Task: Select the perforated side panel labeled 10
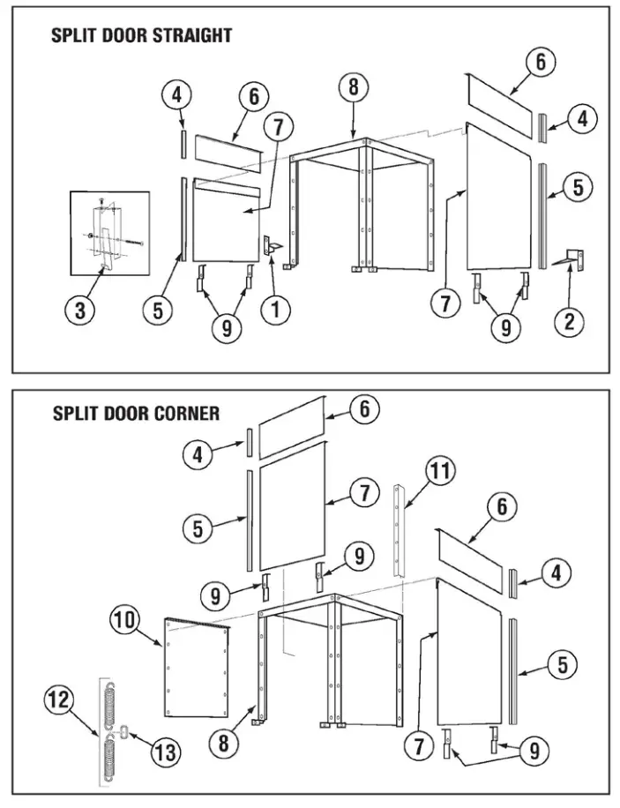coord(198,669)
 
